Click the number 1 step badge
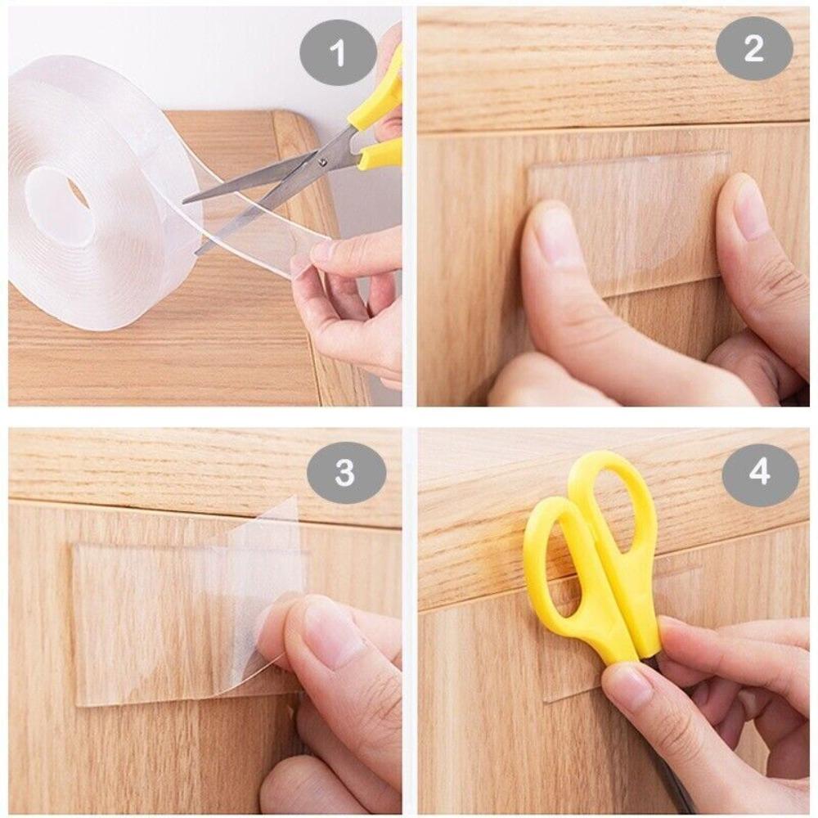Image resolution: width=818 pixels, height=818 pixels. (338, 56)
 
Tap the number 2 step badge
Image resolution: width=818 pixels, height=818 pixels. (753, 49)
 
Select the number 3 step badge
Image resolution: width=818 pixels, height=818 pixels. (345, 474)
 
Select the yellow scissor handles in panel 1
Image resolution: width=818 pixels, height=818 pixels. (378, 123)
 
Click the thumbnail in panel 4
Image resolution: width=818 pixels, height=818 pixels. (631, 687)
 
